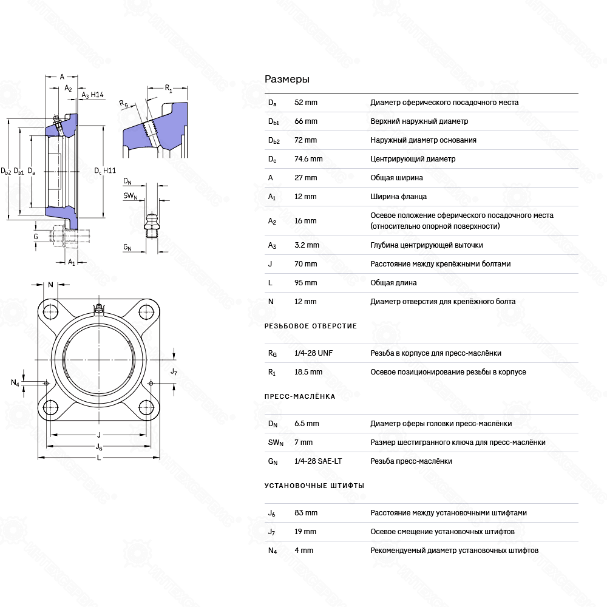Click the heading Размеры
[x=287, y=80]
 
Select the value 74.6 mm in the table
[x=308, y=159]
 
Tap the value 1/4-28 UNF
[x=313, y=353]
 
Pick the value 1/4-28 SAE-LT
[x=317, y=461]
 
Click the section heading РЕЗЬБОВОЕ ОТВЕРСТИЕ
[x=311, y=327]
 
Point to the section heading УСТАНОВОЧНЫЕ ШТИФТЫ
[x=314, y=486]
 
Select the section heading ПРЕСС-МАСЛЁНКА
[x=300, y=397]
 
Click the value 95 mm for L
[x=305, y=283]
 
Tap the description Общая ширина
[x=396, y=178]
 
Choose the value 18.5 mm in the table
[x=308, y=372]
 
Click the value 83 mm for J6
[x=305, y=513]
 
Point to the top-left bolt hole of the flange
[x=50, y=313]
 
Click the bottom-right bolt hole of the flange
[x=146, y=407]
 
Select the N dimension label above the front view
[x=51, y=285]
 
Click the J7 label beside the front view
[x=174, y=371]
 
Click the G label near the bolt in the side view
[x=36, y=236]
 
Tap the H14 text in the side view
[x=97, y=95]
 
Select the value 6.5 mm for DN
[x=307, y=424]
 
